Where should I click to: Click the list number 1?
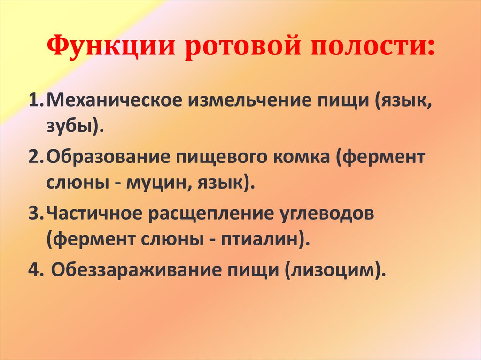[34, 101]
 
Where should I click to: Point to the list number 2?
[34, 157]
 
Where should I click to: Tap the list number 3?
[34, 214]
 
